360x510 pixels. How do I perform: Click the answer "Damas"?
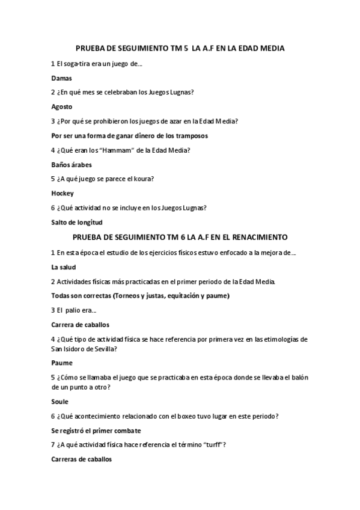click(x=61, y=78)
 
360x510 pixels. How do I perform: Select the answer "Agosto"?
click(x=62, y=106)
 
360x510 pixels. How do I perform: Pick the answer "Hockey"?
click(x=63, y=193)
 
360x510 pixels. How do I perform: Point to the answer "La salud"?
click(x=63, y=266)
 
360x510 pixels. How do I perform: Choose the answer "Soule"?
click(x=60, y=401)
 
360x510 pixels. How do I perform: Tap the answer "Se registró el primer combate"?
click(x=96, y=430)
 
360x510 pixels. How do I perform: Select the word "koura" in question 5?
click(x=144, y=179)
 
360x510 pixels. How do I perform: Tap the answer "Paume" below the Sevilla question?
click(x=62, y=363)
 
